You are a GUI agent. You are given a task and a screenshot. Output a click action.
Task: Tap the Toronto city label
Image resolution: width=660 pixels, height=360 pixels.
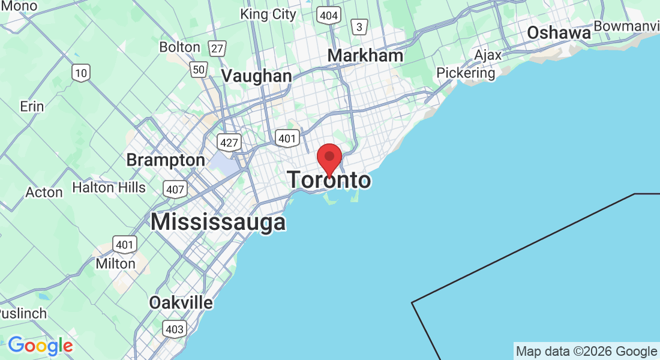click(329, 180)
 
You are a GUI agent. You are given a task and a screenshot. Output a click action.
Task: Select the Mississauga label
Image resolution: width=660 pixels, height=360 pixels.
click(218, 222)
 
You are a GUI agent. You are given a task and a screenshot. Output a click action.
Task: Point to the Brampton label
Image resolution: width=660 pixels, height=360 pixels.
click(166, 160)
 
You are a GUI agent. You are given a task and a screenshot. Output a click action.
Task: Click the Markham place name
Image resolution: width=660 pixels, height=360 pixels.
click(365, 55)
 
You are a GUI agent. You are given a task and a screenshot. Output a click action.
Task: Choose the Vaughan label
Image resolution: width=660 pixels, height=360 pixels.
click(257, 76)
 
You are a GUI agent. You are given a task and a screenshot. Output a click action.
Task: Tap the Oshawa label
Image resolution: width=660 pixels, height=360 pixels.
click(559, 33)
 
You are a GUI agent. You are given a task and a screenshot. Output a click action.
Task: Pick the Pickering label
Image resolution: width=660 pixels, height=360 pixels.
click(466, 73)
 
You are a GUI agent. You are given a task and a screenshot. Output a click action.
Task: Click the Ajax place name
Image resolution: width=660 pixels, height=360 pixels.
click(487, 55)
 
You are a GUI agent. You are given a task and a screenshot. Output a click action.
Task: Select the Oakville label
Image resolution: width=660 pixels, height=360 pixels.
click(181, 302)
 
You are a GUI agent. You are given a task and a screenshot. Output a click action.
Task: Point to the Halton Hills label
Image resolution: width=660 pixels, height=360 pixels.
click(109, 188)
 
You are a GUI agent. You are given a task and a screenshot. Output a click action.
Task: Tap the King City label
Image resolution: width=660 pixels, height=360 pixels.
click(268, 14)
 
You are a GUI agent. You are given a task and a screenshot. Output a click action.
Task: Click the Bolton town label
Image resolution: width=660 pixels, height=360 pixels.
click(180, 47)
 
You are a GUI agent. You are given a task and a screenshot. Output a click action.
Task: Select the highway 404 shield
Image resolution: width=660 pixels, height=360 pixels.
click(329, 15)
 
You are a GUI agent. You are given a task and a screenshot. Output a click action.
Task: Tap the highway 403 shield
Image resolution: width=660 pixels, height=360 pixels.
click(175, 329)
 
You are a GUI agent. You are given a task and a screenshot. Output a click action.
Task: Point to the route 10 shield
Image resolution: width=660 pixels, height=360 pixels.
click(81, 73)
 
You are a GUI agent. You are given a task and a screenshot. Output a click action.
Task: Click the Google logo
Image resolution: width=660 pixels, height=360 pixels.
click(40, 346)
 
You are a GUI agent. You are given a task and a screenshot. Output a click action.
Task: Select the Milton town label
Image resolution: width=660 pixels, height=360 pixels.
click(116, 263)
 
